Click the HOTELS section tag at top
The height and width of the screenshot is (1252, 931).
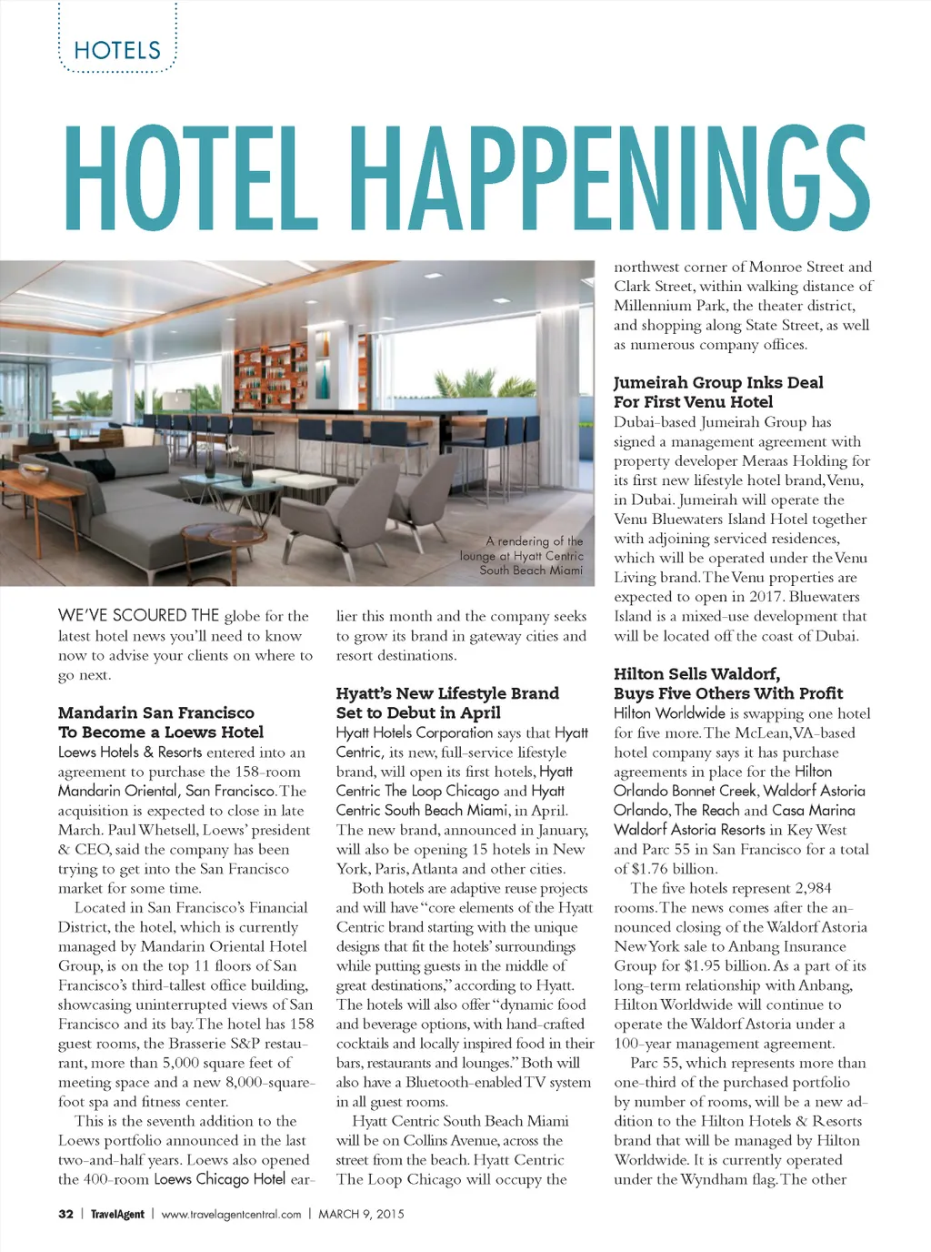coord(117,50)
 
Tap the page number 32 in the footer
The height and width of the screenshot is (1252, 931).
coord(65,1214)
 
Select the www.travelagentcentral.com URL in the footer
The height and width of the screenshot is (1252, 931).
coord(231,1214)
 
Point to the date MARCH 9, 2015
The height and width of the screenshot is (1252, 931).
coord(361,1214)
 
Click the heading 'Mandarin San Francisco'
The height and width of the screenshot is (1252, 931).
coord(156,712)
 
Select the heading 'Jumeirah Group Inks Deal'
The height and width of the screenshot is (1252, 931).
coord(718,382)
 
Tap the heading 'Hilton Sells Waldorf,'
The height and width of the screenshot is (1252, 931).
coord(696,673)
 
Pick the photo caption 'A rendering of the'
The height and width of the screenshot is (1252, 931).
coord(535,541)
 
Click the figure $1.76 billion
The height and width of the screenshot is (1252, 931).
coord(672,869)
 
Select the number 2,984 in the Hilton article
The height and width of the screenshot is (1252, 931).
coord(813,888)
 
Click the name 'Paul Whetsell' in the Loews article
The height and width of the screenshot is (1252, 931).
coord(164,830)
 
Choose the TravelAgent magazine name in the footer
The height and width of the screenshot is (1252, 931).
coord(117,1214)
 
